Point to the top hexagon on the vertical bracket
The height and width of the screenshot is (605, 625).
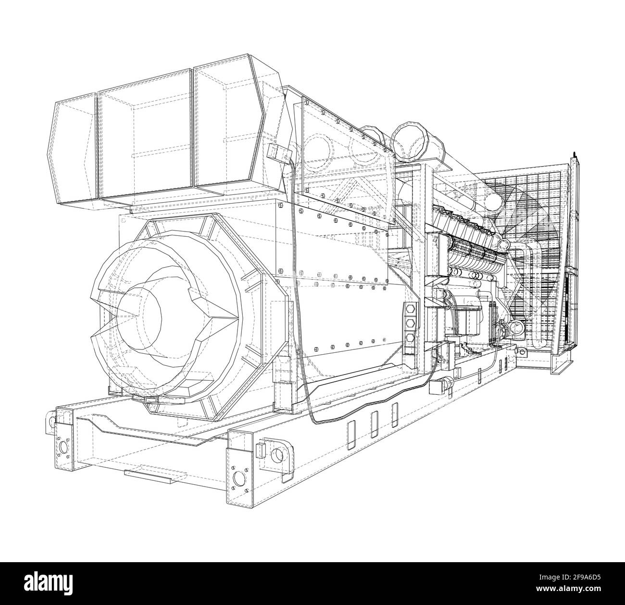point(410,309)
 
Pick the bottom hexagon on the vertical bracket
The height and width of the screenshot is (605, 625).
point(410,337)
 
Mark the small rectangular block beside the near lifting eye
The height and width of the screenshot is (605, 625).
point(261,451)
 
